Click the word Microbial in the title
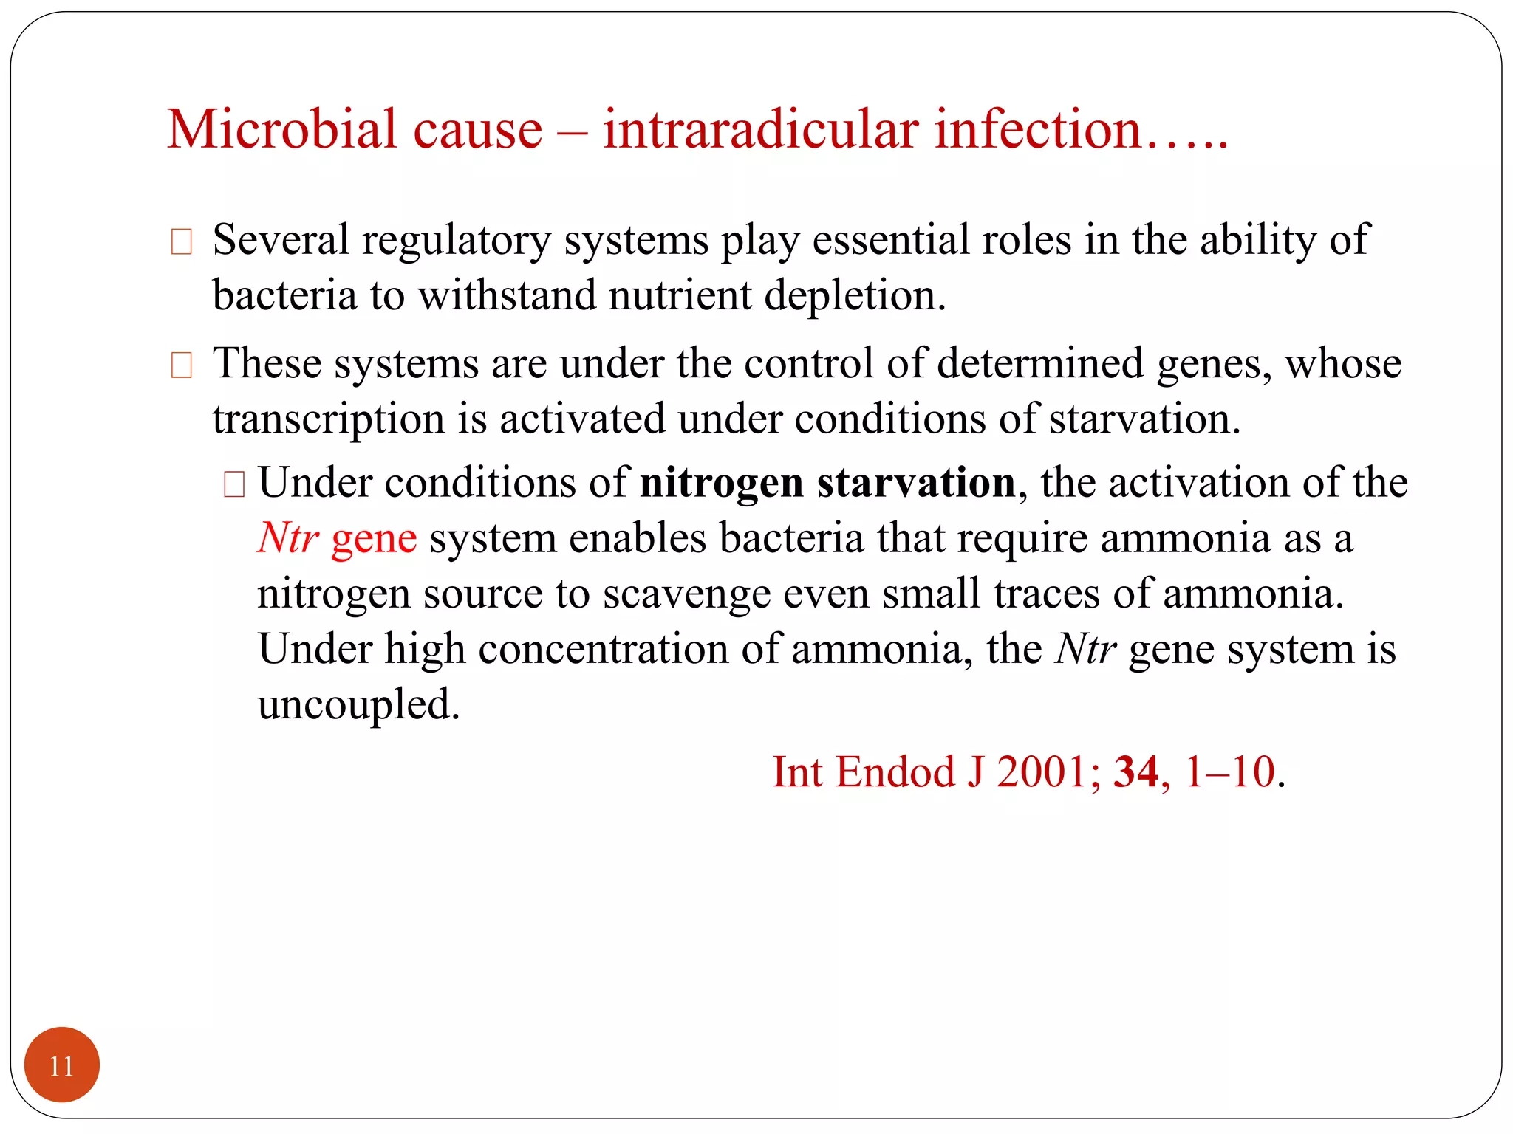281,130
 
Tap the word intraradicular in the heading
761,130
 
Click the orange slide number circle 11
62,1065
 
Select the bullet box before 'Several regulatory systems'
181,242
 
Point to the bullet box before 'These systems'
181,365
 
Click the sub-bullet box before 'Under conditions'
234,484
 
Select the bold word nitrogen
721,484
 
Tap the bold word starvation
916,484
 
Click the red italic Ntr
288,537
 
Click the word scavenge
686,595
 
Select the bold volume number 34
1135,772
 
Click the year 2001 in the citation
1042,772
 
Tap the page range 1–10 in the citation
1229,772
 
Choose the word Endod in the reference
895,772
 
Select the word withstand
507,295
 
